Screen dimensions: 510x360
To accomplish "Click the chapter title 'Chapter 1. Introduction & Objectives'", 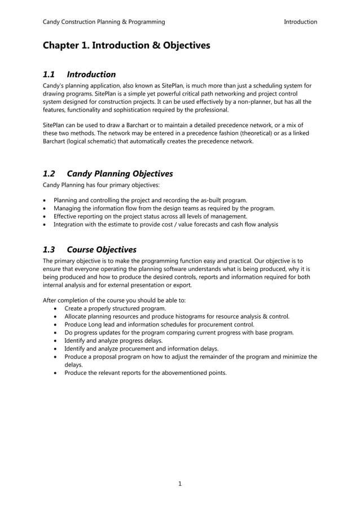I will tap(126, 45).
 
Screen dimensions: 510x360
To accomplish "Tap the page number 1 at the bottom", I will tap(179, 483).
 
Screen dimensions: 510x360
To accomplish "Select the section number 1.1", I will tap(49, 75).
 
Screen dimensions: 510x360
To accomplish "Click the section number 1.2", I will tap(49, 173).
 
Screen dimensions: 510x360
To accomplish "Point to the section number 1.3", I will tap(49, 250).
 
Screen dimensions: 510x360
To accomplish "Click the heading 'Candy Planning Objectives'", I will tap(120, 173).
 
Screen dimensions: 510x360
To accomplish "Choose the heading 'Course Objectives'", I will tap(102, 250).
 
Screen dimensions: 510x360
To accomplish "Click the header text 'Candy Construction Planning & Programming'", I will tap(104, 22).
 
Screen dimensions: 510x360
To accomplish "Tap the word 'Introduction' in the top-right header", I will tap(300, 22).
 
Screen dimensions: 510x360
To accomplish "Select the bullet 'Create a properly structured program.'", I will tap(115, 309).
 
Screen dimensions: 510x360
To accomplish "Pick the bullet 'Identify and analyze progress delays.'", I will tap(113, 341).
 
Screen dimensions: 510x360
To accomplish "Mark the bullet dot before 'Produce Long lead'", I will tap(55, 325).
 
